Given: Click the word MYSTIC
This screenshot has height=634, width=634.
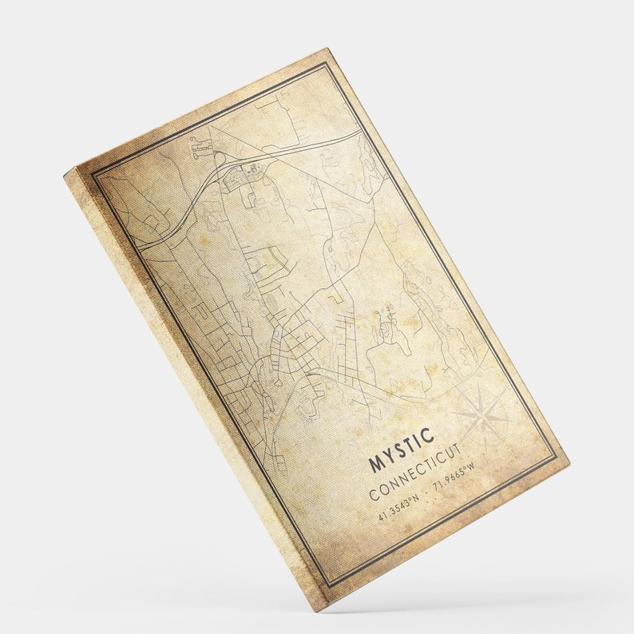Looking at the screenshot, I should (x=402, y=450).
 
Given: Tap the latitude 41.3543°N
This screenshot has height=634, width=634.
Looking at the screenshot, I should (x=398, y=503).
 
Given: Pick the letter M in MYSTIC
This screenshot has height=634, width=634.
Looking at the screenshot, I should (x=375, y=464).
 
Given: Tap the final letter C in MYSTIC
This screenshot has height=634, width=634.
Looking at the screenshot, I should (x=429, y=435).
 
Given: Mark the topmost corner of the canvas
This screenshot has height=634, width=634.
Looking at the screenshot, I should (x=328, y=49).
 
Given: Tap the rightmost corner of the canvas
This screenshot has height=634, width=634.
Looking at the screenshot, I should (x=569, y=462).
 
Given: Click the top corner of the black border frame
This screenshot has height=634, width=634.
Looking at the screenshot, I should (x=325, y=63).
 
